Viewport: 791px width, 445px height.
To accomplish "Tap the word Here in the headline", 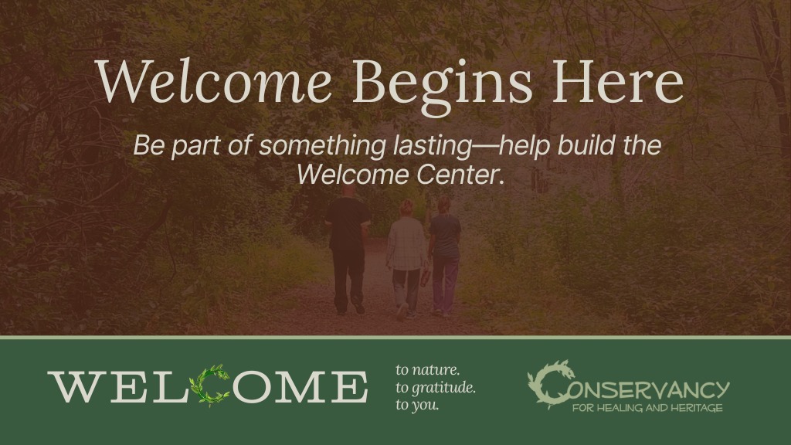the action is [618, 81].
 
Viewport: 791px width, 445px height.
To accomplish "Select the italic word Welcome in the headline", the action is [213, 80].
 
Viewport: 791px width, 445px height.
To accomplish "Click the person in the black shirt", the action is [348, 250].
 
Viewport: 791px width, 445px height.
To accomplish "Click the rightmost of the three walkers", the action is [444, 255].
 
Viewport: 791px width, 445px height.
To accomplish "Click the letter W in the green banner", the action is [78, 387].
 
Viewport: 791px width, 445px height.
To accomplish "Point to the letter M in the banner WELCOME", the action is [297, 387].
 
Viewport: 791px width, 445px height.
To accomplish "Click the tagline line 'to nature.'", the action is [427, 370].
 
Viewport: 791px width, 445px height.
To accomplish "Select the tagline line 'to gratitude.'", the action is [436, 388].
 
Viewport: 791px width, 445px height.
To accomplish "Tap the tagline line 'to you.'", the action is [417, 405].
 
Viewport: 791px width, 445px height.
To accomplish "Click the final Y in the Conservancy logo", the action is [719, 390].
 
